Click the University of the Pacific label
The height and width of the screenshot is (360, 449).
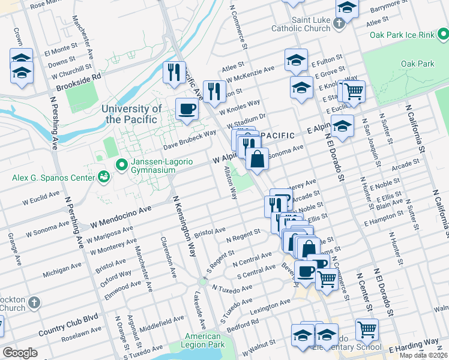(x=131, y=114)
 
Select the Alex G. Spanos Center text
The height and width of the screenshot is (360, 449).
(x=53, y=178)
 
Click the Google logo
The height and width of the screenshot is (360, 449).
(x=20, y=352)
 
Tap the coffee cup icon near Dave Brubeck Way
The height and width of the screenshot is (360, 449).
(x=187, y=109)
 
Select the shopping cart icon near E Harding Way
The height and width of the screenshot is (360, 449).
(x=367, y=329)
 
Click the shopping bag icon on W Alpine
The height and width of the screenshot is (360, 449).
(x=257, y=160)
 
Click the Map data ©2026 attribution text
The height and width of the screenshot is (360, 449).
(x=424, y=355)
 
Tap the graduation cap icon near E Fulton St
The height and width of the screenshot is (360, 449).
(x=296, y=60)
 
